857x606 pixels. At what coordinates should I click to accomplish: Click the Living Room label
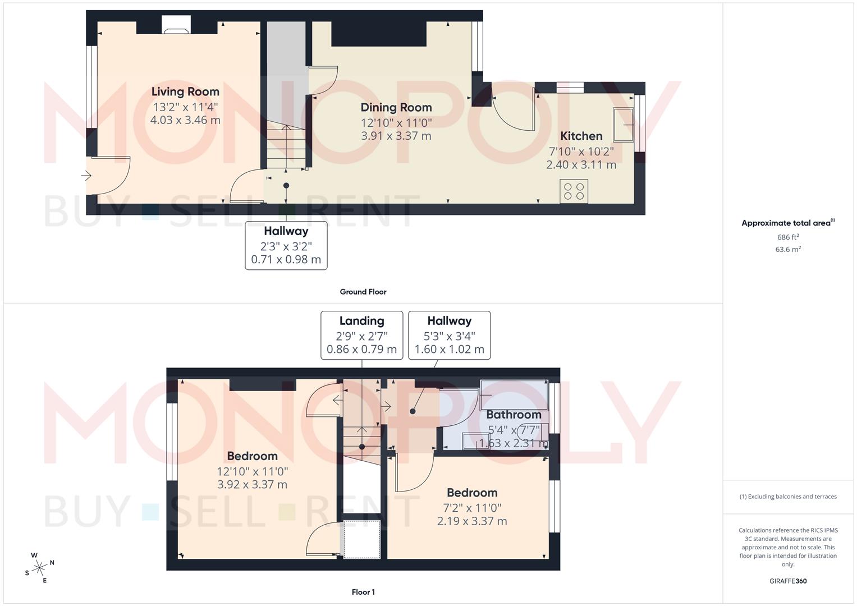pos(185,91)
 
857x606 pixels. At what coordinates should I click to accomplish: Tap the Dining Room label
pos(396,107)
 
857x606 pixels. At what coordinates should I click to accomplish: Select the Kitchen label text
pos(581,136)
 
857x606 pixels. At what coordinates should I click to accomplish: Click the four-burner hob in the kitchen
pos(574,191)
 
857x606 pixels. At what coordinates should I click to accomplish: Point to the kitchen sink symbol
pos(623,125)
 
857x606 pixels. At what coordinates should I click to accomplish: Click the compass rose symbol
pos(39,568)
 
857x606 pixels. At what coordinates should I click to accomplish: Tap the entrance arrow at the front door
pos(86,176)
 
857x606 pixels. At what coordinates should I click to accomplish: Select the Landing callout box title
pos(361,321)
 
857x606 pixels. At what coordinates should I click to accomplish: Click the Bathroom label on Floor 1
pos(514,415)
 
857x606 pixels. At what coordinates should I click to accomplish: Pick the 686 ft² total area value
pos(788,237)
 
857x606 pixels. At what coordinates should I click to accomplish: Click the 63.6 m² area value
pos(788,249)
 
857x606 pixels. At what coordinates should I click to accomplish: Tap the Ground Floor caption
pos(363,292)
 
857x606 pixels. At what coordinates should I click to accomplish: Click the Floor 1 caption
pos(363,592)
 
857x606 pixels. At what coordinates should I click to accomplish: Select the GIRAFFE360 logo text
pos(788,581)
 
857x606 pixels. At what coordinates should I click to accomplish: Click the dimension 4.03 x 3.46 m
pos(185,120)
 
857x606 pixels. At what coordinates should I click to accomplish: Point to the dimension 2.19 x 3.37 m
pos(472,521)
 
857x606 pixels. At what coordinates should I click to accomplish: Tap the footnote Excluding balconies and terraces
pos(788,497)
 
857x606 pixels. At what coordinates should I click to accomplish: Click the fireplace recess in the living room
pos(176,25)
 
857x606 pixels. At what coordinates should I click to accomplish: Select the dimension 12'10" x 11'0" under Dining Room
pos(396,122)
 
